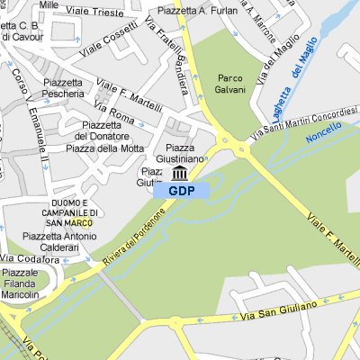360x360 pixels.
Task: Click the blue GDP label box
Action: [181, 191]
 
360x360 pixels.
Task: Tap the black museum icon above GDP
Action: [180, 173]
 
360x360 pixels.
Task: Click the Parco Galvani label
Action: [230, 84]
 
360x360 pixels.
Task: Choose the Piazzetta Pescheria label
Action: [63, 87]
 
